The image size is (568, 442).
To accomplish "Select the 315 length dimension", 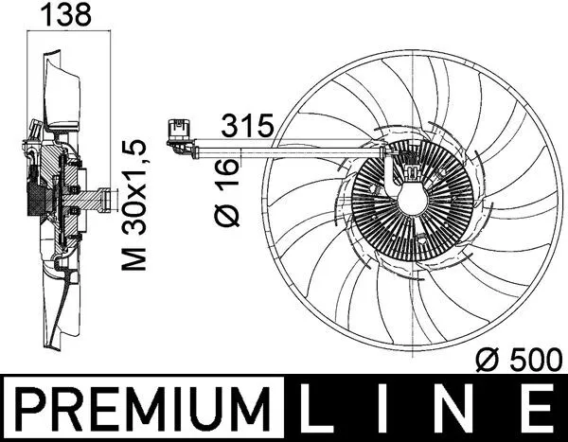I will point(247,123).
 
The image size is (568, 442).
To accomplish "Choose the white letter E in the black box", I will point(539,410).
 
